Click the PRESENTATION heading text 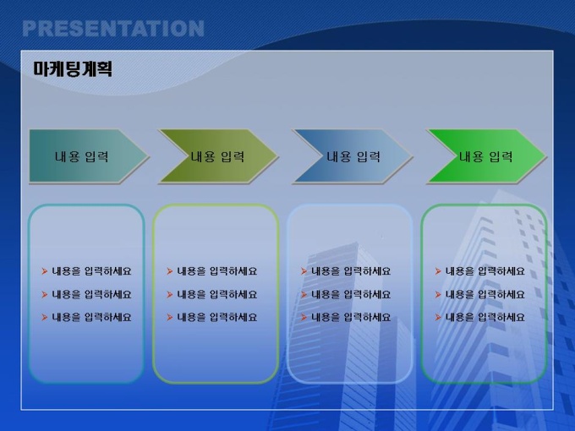(113, 29)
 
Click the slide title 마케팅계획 (73, 69)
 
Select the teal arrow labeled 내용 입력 (89, 155)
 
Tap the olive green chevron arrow (218, 155)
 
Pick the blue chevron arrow (353, 155)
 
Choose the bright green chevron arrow (486, 155)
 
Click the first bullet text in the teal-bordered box (91, 271)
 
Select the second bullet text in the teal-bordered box (91, 294)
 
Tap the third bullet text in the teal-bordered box (91, 317)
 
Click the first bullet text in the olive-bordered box (216, 271)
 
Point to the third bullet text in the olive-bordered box (216, 317)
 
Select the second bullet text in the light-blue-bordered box (351, 294)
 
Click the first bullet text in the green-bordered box (485, 271)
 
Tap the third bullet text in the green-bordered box (485, 317)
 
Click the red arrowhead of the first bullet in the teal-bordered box (44, 271)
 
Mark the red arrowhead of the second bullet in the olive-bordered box (169, 294)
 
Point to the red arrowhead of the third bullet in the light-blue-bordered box (304, 317)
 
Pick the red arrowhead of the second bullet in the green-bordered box (438, 294)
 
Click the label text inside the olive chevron (217, 157)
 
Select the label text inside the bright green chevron (486, 157)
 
